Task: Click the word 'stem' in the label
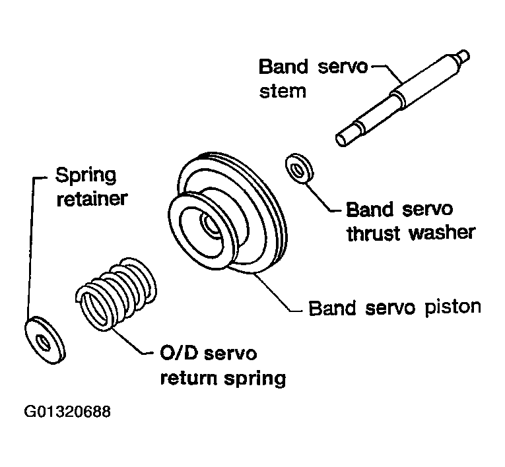(x=283, y=90)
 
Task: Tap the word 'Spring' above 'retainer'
(x=85, y=176)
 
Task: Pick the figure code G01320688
(x=68, y=413)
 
